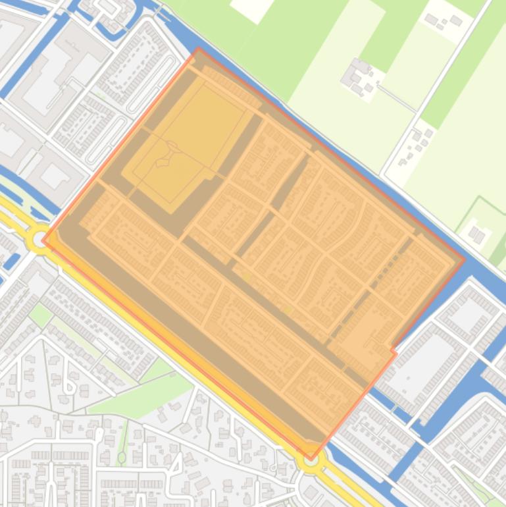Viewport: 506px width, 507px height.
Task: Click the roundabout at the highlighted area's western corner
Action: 39,238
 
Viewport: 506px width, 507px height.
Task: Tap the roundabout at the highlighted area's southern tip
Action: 310,460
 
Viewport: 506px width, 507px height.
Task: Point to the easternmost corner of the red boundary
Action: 464,259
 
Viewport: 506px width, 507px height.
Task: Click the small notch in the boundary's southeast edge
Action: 393,349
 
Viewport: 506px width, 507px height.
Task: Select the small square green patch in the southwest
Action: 40,315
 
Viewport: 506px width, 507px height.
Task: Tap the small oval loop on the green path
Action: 122,456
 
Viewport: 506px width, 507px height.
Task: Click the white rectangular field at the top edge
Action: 250,8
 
